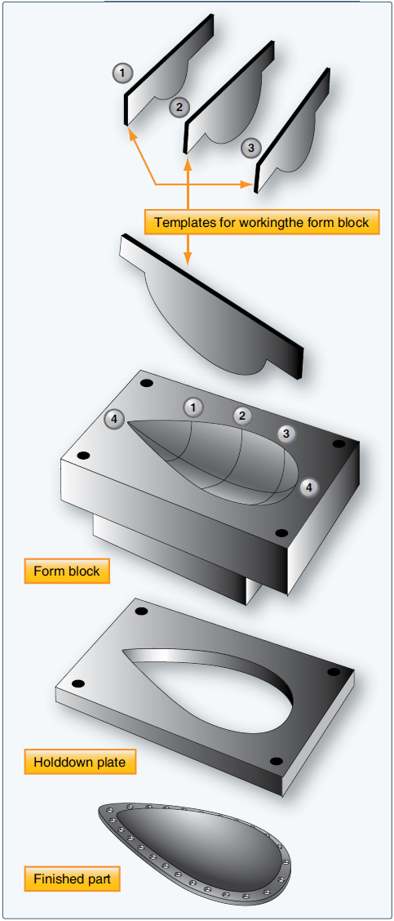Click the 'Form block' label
click(x=67, y=571)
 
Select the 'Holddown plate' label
click(x=80, y=762)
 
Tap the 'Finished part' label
click(x=72, y=879)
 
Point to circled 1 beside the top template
click(x=122, y=73)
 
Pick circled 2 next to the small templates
click(x=179, y=106)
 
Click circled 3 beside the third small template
click(x=251, y=148)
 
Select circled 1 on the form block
click(x=193, y=406)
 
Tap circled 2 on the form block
click(x=241, y=416)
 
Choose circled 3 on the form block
click(x=285, y=434)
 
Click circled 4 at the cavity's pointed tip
click(x=115, y=420)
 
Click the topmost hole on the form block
click(x=147, y=383)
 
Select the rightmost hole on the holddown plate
click(x=334, y=672)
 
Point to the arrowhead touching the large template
click(x=188, y=260)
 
